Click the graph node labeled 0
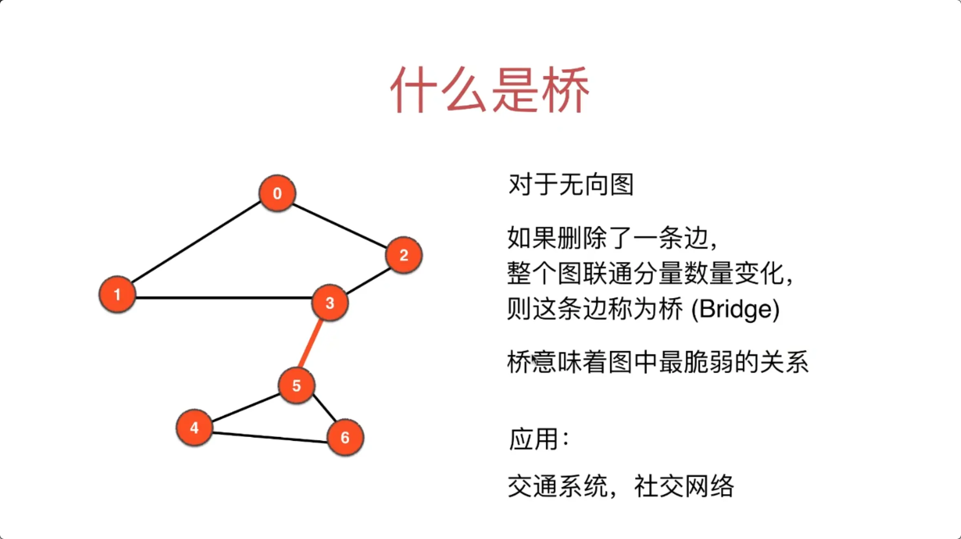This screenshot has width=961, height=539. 277,193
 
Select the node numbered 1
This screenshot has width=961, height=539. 117,294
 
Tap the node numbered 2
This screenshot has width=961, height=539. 404,255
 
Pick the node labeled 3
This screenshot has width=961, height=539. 330,303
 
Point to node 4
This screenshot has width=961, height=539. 194,427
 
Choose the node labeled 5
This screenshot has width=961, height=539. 297,386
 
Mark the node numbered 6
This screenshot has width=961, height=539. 345,437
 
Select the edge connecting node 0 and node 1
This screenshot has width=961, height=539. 196,243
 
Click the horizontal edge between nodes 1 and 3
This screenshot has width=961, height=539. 224,298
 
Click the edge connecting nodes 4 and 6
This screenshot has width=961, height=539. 269,437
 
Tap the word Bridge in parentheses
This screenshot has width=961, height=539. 735,309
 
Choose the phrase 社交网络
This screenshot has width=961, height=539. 684,486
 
